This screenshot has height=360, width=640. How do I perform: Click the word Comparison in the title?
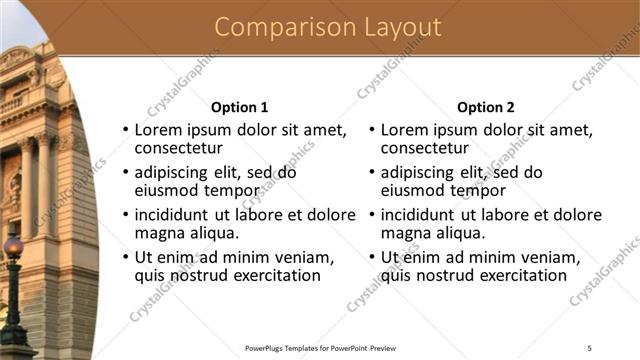pos(272,27)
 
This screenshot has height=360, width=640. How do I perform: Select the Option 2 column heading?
pos(486,107)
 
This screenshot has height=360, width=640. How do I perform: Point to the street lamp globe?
pos(13,247)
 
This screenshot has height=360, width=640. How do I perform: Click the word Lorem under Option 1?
pos(158,130)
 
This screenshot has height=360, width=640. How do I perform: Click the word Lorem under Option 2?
pos(404,130)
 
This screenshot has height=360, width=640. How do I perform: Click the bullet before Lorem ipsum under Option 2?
pos(371,131)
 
